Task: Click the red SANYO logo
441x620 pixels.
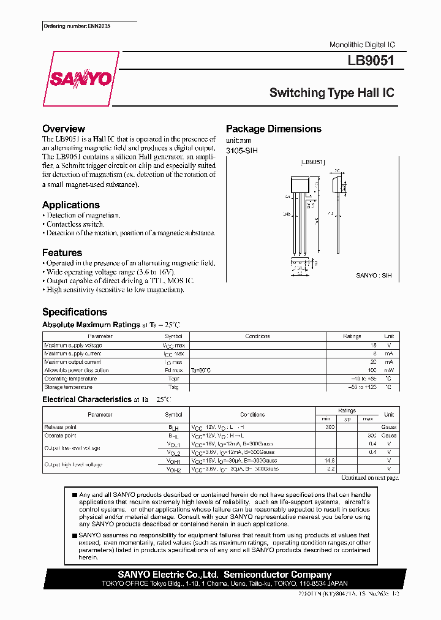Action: click(80, 78)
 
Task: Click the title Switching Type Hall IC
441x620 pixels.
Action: click(331, 93)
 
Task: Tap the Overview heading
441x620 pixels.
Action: click(64, 129)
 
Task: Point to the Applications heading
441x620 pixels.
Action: click(70, 205)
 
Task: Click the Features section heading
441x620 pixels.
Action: click(62, 252)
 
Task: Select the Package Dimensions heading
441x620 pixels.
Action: click(273, 129)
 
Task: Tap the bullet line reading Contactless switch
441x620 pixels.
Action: click(75, 224)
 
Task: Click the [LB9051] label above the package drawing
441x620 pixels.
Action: click(313, 163)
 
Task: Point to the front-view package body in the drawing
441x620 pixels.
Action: click(299, 184)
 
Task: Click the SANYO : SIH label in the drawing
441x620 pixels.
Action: click(374, 276)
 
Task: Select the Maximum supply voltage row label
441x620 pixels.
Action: click(73, 346)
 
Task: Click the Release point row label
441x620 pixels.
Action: click(60, 427)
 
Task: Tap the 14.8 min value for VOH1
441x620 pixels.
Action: click(330, 460)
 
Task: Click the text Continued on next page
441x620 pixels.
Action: click(369, 477)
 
